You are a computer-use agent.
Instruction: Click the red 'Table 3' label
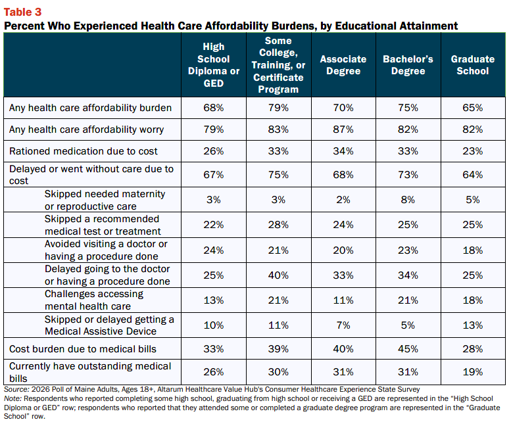click(22, 12)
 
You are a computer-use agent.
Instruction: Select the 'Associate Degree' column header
click(343, 65)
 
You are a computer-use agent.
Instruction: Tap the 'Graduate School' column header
click(473, 65)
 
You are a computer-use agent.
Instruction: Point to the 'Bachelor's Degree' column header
click(408, 65)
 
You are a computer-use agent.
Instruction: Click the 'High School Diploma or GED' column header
click(214, 65)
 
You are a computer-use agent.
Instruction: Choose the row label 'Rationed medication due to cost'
click(83, 151)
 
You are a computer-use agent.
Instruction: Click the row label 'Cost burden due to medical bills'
click(83, 349)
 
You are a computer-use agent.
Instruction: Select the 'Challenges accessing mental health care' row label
click(94, 300)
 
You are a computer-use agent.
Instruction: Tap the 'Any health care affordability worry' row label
click(86, 129)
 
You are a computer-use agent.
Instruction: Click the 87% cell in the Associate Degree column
click(343, 129)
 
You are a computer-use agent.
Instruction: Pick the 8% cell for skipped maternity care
click(408, 199)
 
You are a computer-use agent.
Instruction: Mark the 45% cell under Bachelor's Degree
click(408, 349)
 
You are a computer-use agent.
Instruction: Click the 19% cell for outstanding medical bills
click(473, 372)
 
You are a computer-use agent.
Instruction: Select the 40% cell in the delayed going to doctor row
click(278, 275)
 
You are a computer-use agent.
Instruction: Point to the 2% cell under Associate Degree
click(343, 199)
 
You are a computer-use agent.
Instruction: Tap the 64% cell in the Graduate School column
click(473, 175)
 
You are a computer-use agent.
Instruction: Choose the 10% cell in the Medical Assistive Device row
click(214, 325)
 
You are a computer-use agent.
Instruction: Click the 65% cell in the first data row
click(473, 107)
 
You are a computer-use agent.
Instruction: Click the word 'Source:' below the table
click(16, 389)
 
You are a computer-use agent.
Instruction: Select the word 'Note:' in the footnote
click(12, 398)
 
